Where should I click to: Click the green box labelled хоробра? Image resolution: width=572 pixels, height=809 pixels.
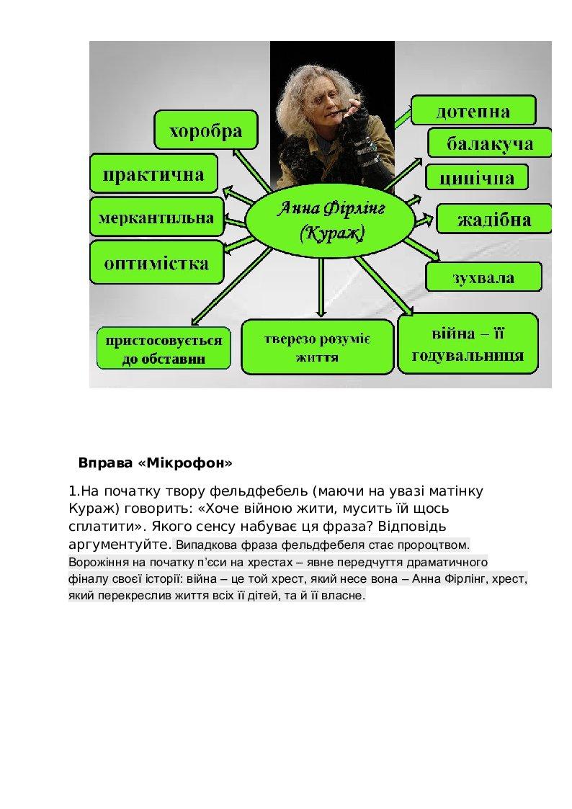pos(206,131)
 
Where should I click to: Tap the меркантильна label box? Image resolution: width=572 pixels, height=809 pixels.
pos(156,218)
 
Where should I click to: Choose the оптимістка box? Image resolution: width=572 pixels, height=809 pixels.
pos(156,263)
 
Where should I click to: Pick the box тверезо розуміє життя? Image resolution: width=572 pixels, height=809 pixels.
pos(317,347)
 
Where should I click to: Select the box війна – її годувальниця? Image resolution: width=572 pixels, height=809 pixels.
pos(468,344)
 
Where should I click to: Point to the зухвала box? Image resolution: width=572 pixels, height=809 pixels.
pos(483,277)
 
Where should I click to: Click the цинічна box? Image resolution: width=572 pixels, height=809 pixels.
pos(476,177)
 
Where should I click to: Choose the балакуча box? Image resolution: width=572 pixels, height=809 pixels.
pos(490,143)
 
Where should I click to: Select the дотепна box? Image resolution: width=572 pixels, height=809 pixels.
pos(473,111)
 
